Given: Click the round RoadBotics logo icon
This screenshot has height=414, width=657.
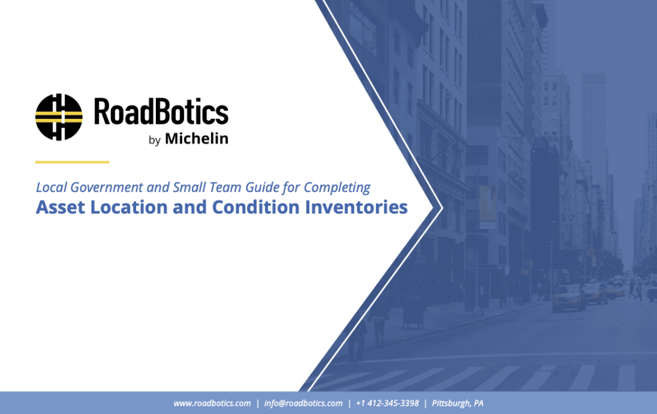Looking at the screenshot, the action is pos(58,117).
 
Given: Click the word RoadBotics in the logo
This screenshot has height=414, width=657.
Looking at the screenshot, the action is pos(161,111).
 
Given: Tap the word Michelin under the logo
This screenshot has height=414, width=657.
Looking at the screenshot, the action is pos(196,138).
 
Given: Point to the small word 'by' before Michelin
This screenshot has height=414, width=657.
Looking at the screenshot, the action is pos(155,140).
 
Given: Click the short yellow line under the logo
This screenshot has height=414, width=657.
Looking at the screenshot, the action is pos(72,162).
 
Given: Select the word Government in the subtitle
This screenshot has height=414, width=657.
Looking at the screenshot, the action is pos(107,187).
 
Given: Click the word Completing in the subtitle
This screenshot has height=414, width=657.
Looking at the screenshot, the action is pos(337,187).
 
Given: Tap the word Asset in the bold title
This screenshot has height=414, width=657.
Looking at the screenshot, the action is pos(60,207).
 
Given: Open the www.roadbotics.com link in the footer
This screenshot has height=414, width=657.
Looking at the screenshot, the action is pos(212,403).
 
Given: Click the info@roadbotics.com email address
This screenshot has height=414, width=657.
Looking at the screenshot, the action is pos(303,403).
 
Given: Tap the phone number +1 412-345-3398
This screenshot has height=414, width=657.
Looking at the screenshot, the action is pos(387,403).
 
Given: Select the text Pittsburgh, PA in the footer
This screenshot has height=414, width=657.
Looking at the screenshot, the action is pos(457,403).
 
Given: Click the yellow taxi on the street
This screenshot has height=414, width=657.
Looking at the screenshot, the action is pos(568,298).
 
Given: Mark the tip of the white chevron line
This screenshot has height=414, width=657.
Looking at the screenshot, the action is pos(443,207).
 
